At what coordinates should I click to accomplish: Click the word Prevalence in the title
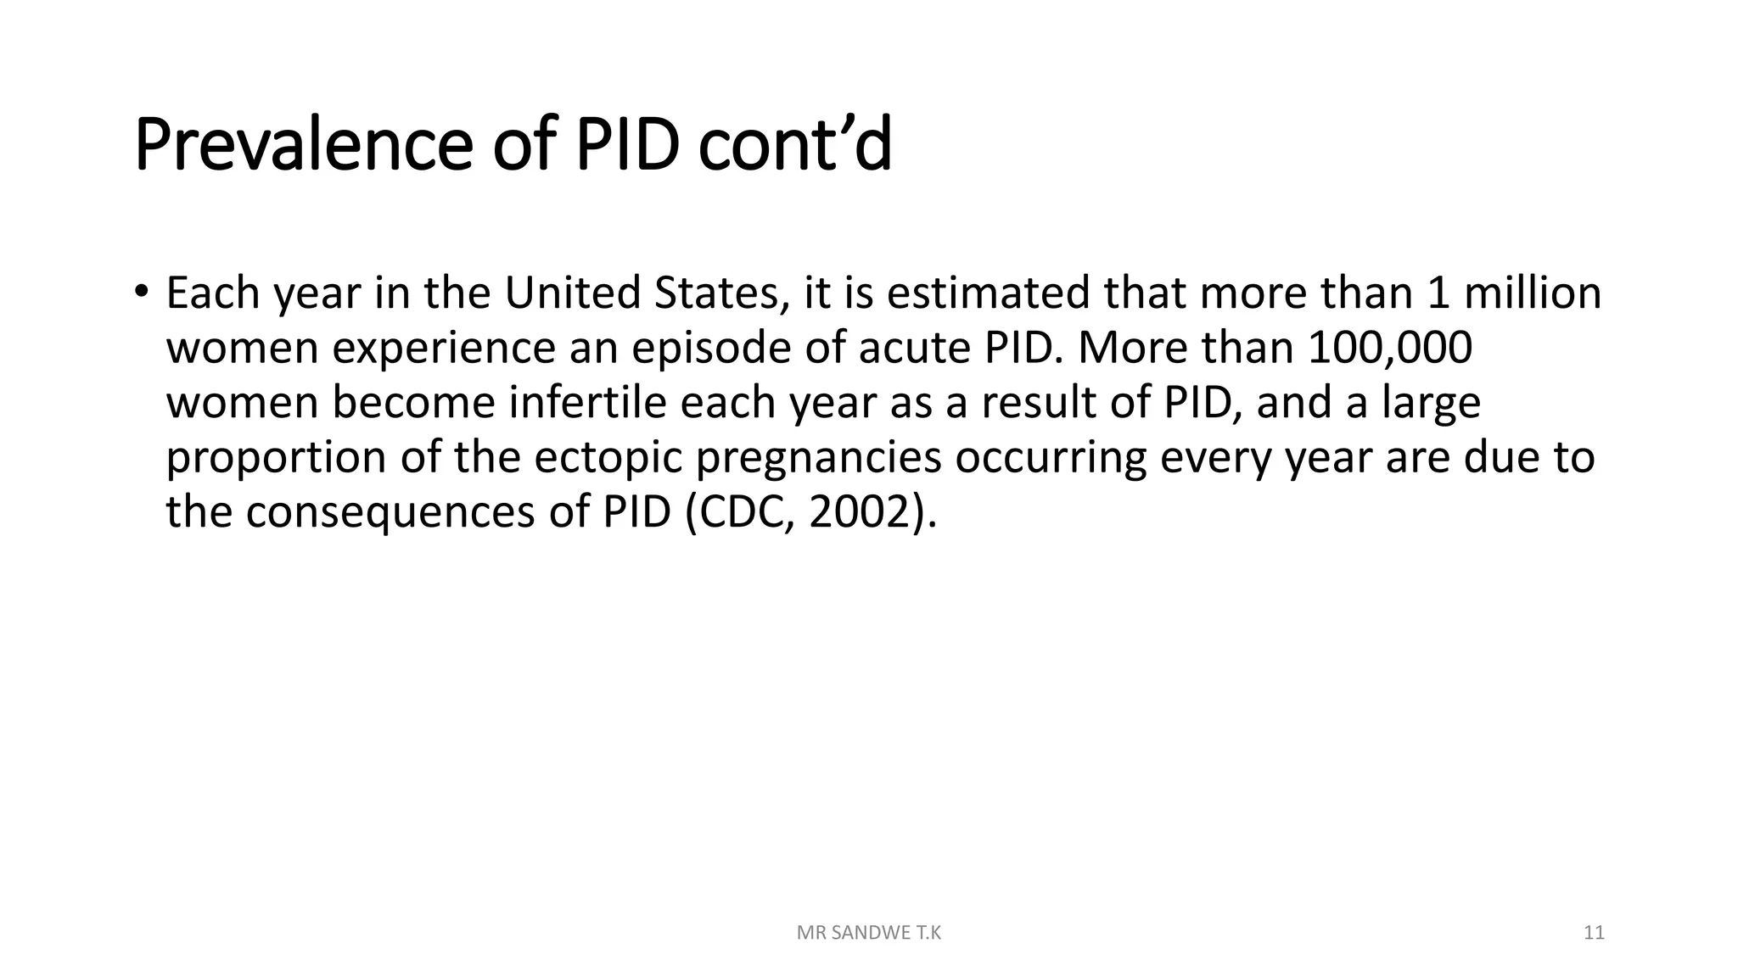[x=302, y=146]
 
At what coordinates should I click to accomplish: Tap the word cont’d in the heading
[x=794, y=146]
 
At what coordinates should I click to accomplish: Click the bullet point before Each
[x=141, y=292]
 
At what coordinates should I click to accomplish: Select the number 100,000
[x=1390, y=348]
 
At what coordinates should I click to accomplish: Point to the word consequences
[x=390, y=512]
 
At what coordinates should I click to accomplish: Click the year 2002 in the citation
[x=859, y=512]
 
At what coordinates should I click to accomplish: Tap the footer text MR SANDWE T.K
[x=869, y=933]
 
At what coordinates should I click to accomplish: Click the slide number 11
[x=1594, y=933]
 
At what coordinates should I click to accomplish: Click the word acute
[x=913, y=348]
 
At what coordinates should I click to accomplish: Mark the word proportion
[x=276, y=458]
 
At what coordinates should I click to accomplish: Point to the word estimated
[x=988, y=293]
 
